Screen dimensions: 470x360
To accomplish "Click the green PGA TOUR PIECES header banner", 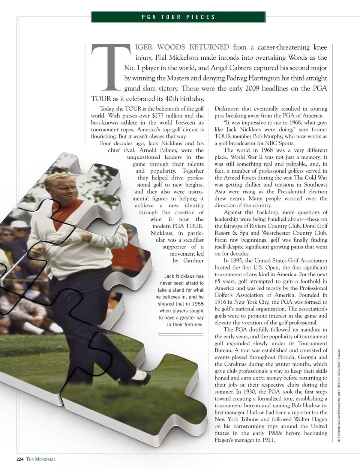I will pos(178,17).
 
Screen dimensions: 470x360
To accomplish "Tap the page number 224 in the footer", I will pos(20,459).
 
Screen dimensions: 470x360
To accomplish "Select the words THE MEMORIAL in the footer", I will pos(41,459).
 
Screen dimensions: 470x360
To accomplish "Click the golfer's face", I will pos(58,188).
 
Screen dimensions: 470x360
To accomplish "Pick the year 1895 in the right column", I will pos(244,261).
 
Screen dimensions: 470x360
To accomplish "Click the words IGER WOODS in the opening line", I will pos(159,47).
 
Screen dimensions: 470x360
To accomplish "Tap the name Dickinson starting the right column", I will pos(226,109).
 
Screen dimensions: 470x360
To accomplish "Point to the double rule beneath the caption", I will pos(180,334).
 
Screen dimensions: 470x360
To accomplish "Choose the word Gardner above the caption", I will pos(193,261).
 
